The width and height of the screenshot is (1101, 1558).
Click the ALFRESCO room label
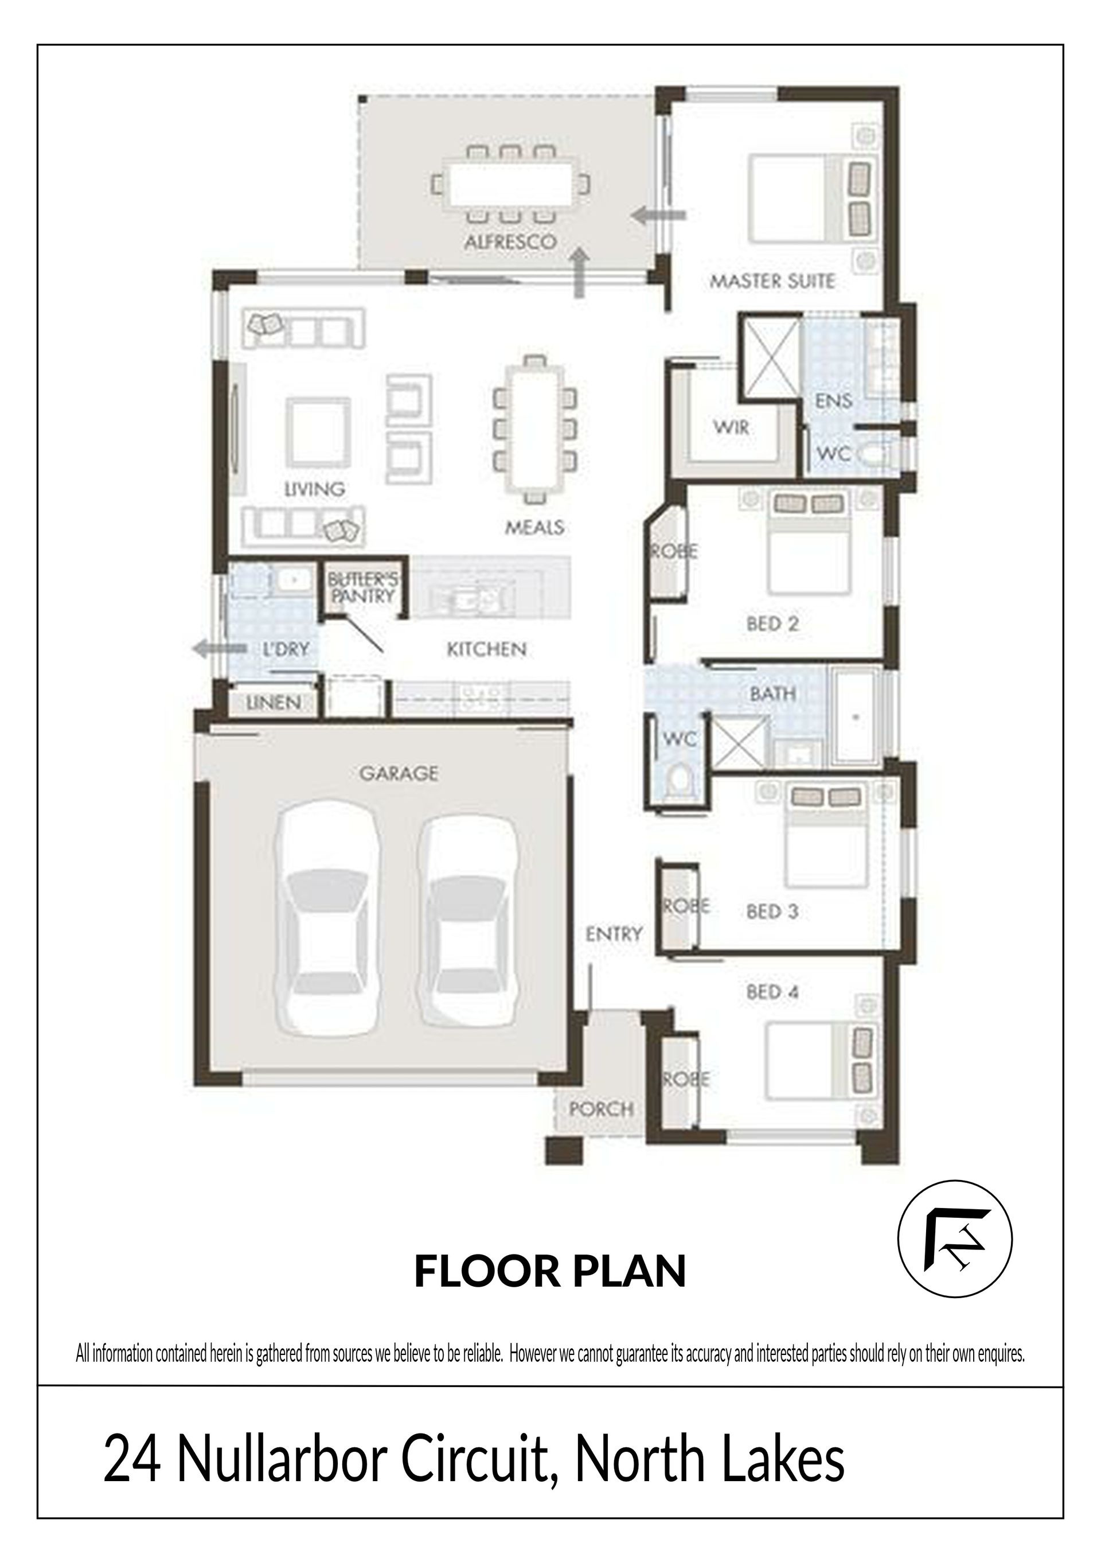[x=510, y=242]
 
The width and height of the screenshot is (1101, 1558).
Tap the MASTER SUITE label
[x=772, y=281]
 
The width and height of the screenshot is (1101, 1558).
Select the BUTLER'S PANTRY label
[x=362, y=587]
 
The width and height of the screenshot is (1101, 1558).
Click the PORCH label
[x=601, y=1109]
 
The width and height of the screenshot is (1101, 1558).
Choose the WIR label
[x=731, y=427]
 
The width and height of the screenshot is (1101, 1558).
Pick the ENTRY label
[x=613, y=934]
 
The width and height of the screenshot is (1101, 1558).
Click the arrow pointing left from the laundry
[x=220, y=649]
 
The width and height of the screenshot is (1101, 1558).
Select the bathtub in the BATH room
[x=856, y=716]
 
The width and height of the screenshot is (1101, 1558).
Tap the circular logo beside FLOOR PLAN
[x=954, y=1238]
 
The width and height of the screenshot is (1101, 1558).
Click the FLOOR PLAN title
[x=550, y=1271]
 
